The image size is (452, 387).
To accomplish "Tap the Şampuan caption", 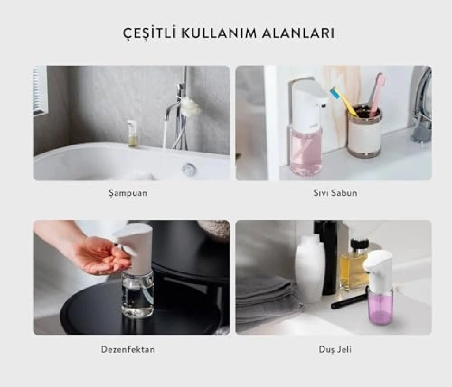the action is [128, 193].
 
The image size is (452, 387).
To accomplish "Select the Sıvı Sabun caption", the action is [335, 193].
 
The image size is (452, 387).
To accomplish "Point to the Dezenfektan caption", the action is [128, 350].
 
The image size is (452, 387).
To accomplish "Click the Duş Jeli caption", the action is [335, 350].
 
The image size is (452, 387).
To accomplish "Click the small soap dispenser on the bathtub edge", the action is [132, 133].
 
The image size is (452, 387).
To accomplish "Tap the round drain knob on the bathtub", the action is [188, 168].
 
